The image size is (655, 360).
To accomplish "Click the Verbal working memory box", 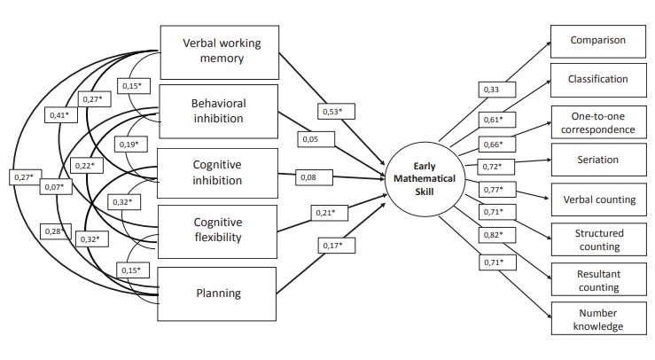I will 219,50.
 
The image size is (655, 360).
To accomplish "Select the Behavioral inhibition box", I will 219,111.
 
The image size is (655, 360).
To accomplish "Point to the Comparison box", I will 597,40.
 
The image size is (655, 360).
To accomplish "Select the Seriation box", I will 597,160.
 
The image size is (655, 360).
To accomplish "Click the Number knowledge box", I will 597,318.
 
